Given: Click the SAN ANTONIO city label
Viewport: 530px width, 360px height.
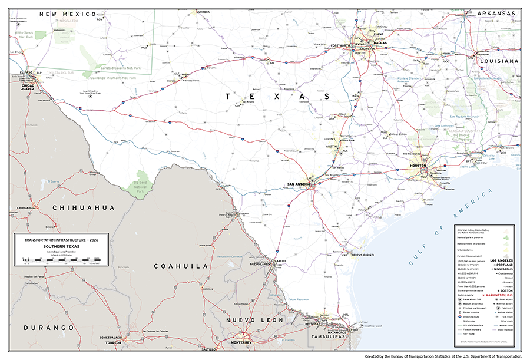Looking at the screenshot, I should [299, 185].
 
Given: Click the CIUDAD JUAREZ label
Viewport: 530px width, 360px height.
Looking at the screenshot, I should [32, 86].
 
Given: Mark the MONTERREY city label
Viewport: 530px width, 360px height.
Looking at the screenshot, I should [241, 342].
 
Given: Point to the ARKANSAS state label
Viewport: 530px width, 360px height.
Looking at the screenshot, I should [496, 14].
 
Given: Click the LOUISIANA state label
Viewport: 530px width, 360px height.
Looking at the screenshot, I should [498, 61].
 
